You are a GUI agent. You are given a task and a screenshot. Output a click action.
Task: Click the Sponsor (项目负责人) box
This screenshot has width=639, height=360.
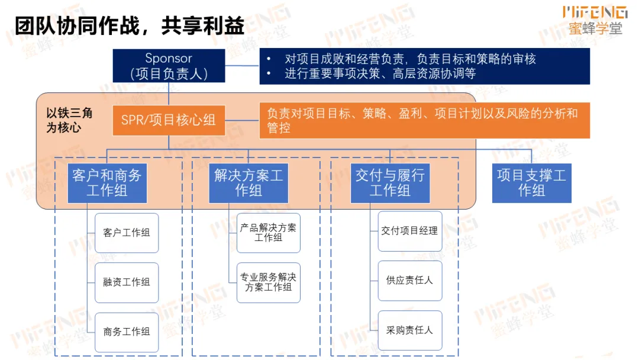pyautogui.click(x=169, y=66)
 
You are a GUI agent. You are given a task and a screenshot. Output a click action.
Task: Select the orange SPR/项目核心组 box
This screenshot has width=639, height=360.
pyautogui.click(x=169, y=120)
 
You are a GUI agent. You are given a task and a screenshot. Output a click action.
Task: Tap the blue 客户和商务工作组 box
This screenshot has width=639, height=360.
pyautogui.click(x=107, y=183)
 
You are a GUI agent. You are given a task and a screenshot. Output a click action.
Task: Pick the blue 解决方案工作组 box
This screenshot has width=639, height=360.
pyautogui.click(x=248, y=183)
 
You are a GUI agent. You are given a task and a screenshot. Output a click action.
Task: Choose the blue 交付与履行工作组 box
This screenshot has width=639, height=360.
pyautogui.click(x=390, y=183)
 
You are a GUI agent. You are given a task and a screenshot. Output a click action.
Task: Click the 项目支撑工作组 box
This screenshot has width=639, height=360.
pyautogui.click(x=531, y=183)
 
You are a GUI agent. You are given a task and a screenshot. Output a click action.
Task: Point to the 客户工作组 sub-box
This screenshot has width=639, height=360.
pyautogui.click(x=127, y=233)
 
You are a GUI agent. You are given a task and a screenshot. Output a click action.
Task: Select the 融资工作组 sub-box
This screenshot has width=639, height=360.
pyautogui.click(x=127, y=282)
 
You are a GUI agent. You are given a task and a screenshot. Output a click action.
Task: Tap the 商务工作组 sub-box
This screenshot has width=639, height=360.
pyautogui.click(x=127, y=332)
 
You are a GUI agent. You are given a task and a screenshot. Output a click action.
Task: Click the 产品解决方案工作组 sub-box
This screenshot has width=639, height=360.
pyautogui.click(x=269, y=233)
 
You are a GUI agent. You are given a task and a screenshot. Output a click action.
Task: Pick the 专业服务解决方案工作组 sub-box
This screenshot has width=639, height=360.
pyautogui.click(x=269, y=282)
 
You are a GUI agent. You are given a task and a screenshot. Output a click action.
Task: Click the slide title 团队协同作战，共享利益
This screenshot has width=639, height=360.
pyautogui.click(x=130, y=25)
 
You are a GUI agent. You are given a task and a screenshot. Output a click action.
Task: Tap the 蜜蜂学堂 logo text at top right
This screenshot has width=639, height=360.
pyautogui.click(x=595, y=28)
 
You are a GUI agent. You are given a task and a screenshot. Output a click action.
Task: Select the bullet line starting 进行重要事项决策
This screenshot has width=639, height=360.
pyautogui.click(x=380, y=74)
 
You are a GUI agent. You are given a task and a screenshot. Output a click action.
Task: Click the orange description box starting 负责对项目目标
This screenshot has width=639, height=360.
pyautogui.click(x=424, y=121)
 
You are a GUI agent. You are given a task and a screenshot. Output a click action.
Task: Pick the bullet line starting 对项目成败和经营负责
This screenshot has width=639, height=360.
pyautogui.click(x=410, y=59)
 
